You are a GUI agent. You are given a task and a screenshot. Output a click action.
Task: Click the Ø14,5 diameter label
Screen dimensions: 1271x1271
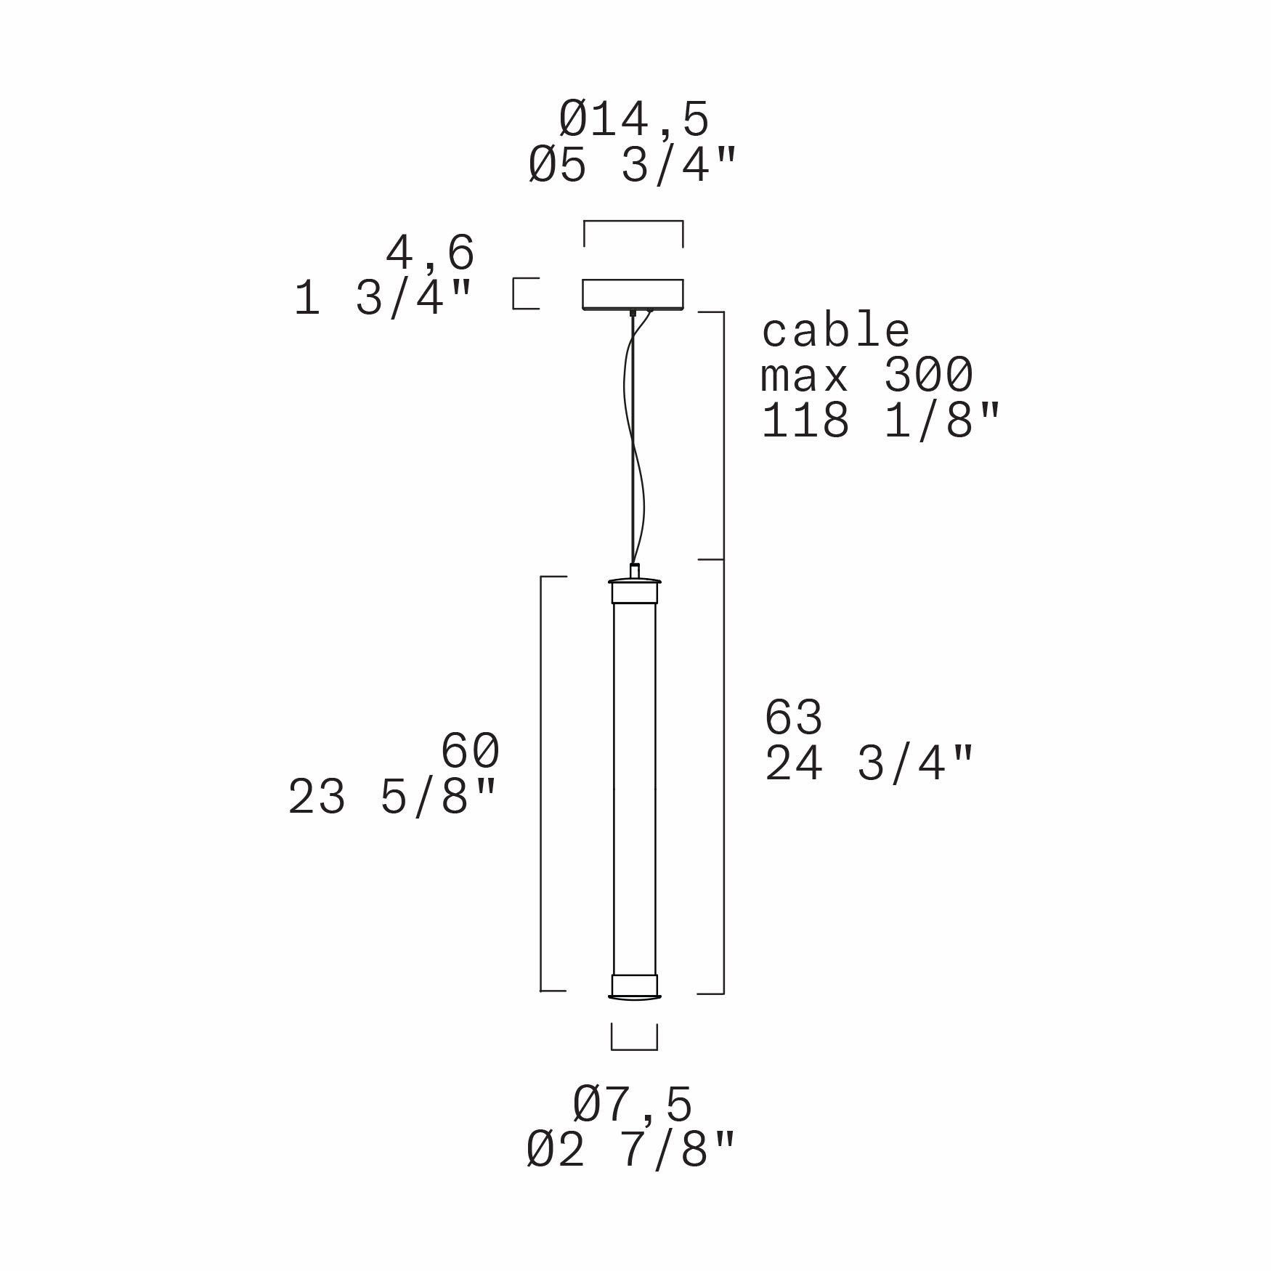(x=633, y=120)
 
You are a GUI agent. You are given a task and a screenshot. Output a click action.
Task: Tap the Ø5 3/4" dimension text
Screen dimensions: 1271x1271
(x=633, y=166)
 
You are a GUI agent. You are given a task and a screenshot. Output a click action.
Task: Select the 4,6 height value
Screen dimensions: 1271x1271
(x=430, y=253)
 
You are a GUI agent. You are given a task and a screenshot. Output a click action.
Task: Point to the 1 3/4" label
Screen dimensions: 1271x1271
(x=383, y=298)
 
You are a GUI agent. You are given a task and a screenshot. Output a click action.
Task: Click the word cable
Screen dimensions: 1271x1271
(x=835, y=331)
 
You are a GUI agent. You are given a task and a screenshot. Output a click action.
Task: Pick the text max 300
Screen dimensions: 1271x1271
(x=867, y=375)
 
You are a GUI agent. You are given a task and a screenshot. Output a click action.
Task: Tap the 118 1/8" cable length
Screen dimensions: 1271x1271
(x=881, y=421)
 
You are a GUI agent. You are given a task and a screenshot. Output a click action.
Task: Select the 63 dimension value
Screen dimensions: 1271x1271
(x=794, y=717)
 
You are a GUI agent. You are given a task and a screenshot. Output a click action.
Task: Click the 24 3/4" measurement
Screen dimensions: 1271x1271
(x=869, y=763)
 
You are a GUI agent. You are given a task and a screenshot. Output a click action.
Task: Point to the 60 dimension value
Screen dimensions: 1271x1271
(x=471, y=750)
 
